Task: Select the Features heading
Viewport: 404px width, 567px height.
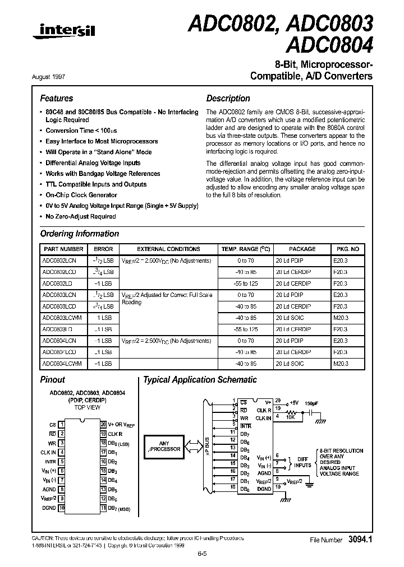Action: point(56,98)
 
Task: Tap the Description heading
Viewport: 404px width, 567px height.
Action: point(228,98)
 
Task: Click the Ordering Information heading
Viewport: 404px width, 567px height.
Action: point(79,234)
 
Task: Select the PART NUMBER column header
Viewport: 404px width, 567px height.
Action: point(63,249)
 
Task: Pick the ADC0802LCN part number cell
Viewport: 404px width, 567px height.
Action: point(59,261)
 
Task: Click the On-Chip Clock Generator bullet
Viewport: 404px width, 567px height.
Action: point(81,195)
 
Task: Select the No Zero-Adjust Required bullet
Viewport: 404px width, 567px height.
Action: point(81,216)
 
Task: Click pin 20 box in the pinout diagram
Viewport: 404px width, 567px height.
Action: point(103,425)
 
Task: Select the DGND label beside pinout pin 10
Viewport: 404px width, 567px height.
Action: point(49,508)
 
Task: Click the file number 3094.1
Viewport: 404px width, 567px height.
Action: point(360,540)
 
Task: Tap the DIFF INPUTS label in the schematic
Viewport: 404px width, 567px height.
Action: point(302,461)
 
